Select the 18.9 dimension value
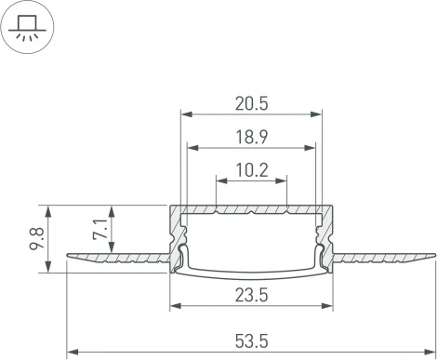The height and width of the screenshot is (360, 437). click(251, 136)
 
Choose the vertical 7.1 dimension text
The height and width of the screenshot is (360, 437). click(100, 228)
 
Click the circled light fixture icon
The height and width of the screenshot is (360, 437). click(27, 27)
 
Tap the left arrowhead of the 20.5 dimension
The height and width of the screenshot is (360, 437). click(184, 114)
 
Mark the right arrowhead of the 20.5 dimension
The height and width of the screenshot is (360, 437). click(317, 114)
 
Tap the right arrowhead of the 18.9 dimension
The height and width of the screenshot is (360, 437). click(311, 146)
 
